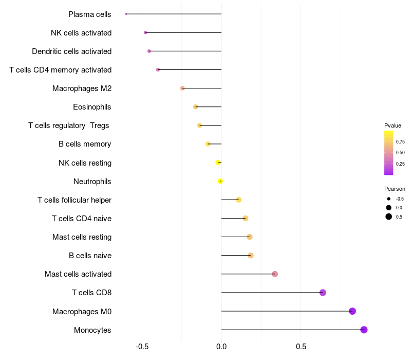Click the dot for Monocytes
(364, 330)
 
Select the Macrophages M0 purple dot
(352, 311)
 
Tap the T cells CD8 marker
(323, 293)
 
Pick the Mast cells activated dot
(275, 274)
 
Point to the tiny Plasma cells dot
(126, 14)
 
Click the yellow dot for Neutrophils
(220, 181)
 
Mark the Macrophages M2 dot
(182, 88)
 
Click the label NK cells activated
(81, 33)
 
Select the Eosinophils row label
(92, 107)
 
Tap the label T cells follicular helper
(74, 200)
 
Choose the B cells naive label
(90, 256)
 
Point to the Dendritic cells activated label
(71, 51)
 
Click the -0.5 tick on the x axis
(142, 347)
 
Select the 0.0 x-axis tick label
(221, 347)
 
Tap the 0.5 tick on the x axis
(301, 347)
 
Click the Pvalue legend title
(393, 125)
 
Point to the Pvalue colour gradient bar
(388, 153)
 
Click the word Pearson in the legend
(395, 189)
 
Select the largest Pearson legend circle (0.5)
(389, 217)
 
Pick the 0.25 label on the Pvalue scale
(400, 164)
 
